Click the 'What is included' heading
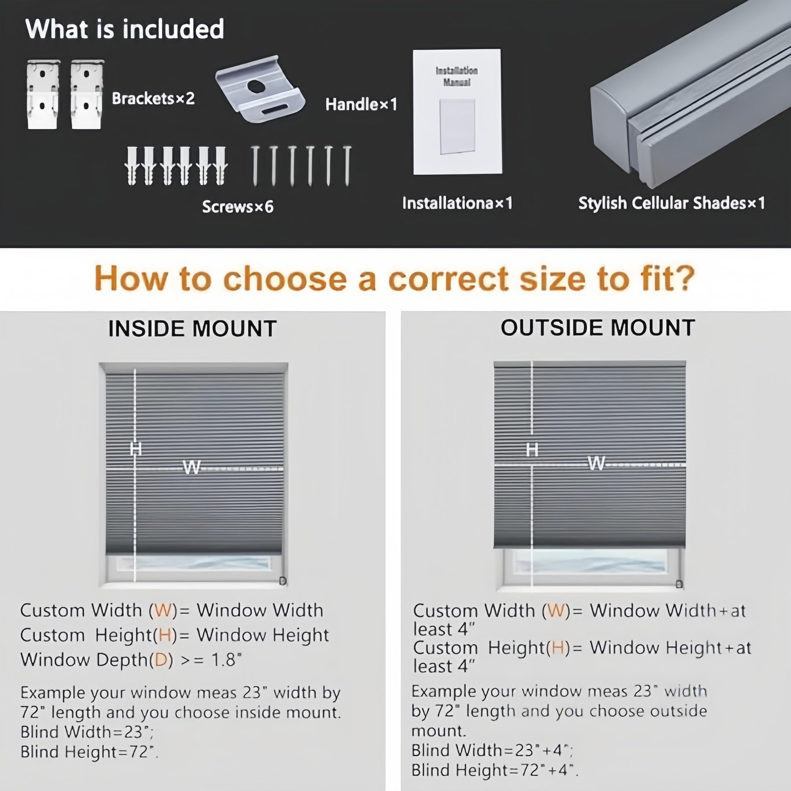[x=125, y=29]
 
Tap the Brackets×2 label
[x=153, y=98]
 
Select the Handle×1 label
[x=361, y=104]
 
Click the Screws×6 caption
[x=238, y=207]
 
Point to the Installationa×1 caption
[x=457, y=203]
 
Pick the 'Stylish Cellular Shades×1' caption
[x=671, y=203]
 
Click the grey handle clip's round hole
[x=257, y=86]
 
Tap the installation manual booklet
[x=457, y=112]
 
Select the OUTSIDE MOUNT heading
[x=598, y=328]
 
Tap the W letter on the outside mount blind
[x=596, y=463]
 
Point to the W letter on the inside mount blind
[x=192, y=467]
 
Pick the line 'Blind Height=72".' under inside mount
[x=89, y=752]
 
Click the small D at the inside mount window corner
[x=282, y=581]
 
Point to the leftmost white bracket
[x=43, y=95]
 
